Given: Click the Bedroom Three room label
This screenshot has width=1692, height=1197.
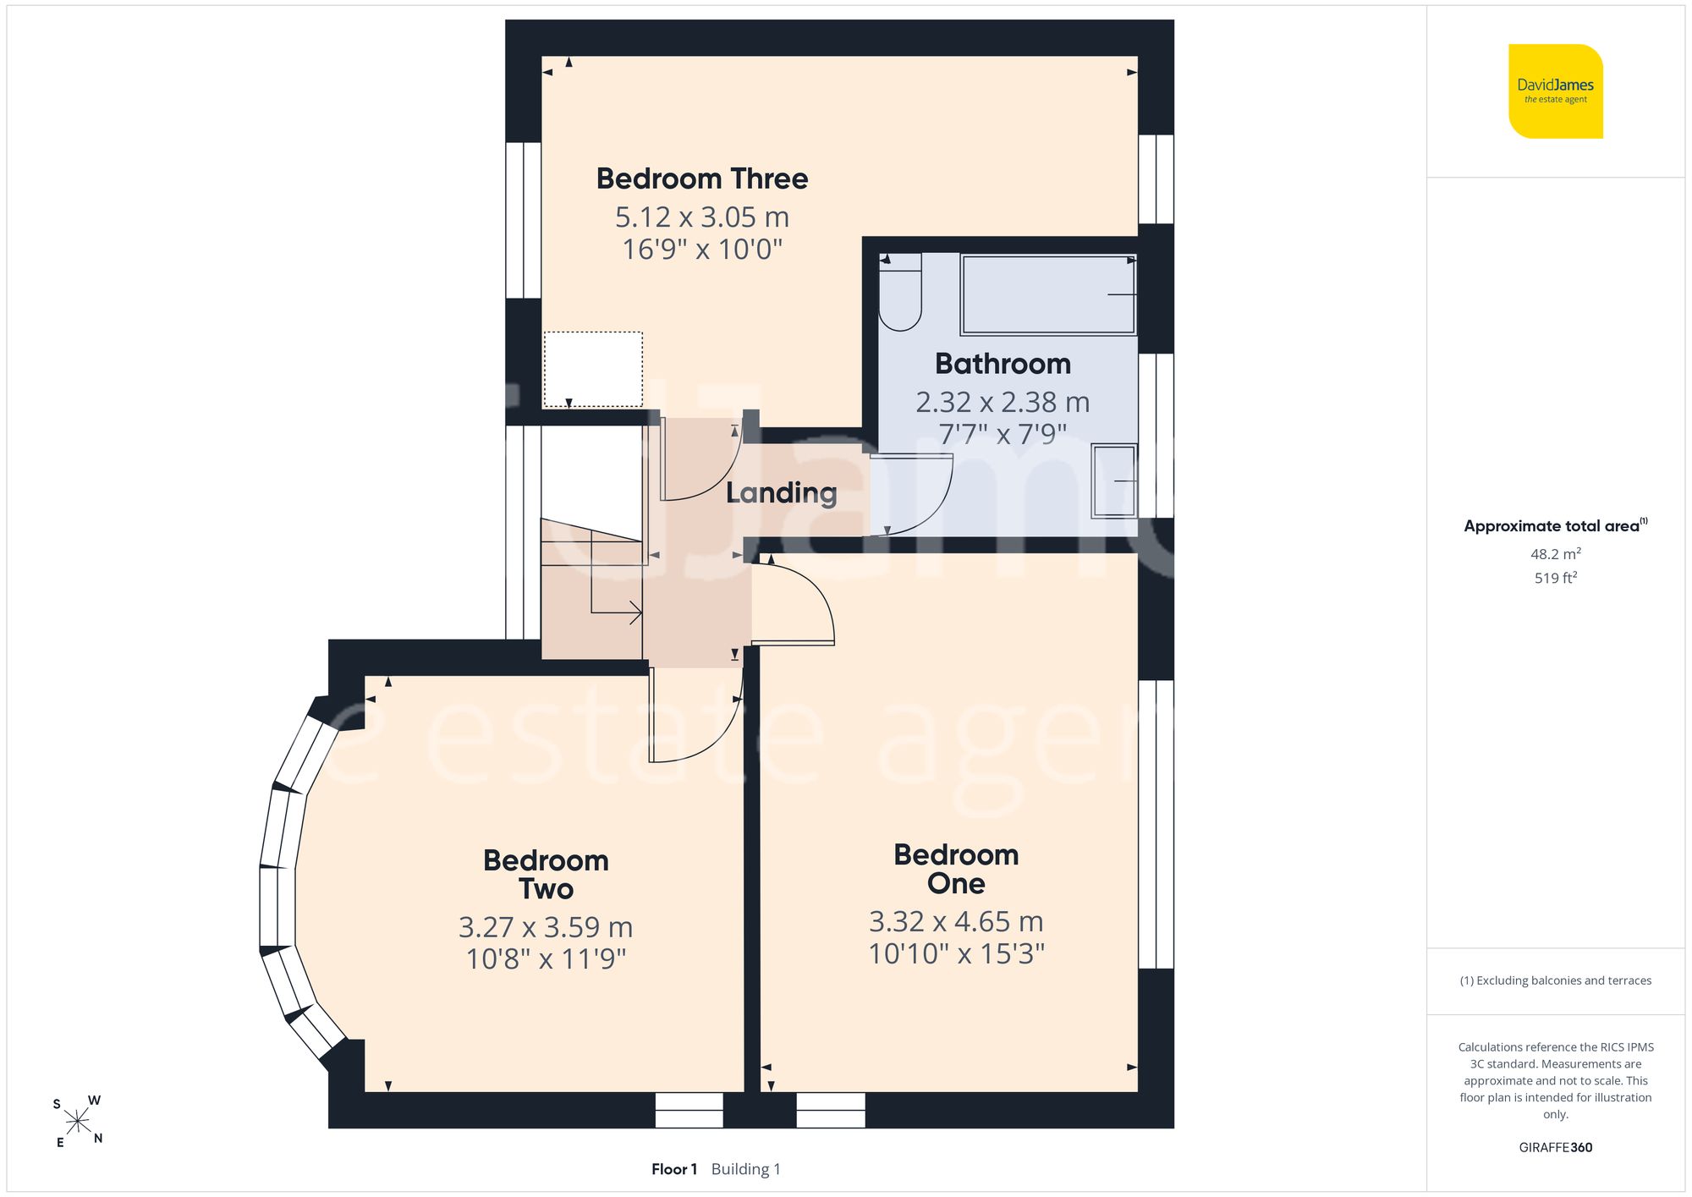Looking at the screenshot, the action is [x=702, y=178].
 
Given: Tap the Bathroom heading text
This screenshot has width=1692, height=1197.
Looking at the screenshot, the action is [x=1003, y=364].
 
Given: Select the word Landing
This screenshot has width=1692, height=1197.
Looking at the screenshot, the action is [x=782, y=493].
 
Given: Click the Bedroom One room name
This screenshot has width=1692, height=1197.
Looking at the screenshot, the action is [x=956, y=869].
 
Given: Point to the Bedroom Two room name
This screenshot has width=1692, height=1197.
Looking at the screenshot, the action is [x=547, y=875].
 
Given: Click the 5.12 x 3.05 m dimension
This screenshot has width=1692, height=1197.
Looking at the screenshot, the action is [x=702, y=217].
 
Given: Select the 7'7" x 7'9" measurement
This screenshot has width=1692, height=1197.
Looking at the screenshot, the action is [x=1003, y=434].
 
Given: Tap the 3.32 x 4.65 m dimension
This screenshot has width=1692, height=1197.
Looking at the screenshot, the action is [x=956, y=921].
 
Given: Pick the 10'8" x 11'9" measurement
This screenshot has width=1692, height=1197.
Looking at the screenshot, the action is [x=547, y=959].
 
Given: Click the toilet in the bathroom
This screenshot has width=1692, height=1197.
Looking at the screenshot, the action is [x=900, y=292].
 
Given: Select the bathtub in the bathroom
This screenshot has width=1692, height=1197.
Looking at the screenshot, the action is [x=1048, y=294].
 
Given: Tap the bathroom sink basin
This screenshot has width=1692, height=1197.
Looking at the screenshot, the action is [x=1113, y=480].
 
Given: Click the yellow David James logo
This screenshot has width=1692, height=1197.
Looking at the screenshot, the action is [x=1556, y=91].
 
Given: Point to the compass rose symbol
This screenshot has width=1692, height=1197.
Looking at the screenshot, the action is [x=78, y=1122].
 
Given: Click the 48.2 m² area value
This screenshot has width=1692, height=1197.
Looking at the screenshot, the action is [x=1556, y=554].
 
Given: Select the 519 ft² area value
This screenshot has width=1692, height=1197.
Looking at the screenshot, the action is [x=1556, y=578].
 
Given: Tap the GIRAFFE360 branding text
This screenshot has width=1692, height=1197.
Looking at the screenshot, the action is [x=1556, y=1148].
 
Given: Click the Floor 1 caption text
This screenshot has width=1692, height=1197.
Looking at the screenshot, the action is [x=674, y=1169].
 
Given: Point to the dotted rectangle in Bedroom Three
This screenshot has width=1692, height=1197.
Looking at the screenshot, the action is [x=593, y=370].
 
